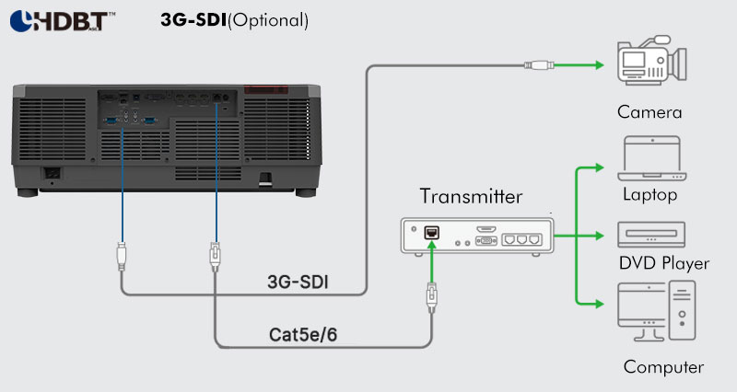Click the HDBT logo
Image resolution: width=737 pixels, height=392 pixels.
click(63, 21)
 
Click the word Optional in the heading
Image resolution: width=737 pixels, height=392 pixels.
click(268, 20)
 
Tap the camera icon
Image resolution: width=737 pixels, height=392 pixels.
click(652, 60)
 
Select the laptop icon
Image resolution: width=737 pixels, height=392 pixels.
click(652, 158)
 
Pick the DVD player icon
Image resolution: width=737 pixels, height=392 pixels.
click(651, 235)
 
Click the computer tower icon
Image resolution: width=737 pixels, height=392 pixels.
click(682, 310)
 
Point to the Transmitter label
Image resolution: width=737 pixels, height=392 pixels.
click(471, 196)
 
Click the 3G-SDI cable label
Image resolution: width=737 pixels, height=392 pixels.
click(298, 282)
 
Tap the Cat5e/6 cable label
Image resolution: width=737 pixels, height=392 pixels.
click(303, 335)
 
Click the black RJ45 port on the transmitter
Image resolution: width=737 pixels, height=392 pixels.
click(431, 233)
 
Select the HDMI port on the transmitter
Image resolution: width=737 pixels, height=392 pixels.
click(486, 229)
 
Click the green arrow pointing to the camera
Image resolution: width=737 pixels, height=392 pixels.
click(579, 65)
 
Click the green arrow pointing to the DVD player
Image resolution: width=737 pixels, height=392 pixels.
click(579, 236)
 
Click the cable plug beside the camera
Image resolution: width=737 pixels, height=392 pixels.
click(539, 65)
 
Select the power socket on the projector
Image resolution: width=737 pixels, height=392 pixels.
click(52, 173)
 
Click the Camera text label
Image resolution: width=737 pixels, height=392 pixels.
click(649, 112)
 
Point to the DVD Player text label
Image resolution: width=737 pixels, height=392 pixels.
click(663, 263)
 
